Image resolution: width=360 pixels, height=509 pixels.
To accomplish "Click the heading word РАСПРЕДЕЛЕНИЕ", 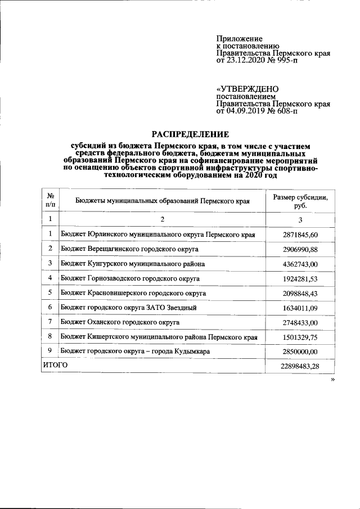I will coord(191,134).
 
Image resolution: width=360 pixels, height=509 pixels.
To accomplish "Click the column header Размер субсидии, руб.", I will coord(300,201).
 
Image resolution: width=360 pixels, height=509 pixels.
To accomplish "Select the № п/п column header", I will coord(50,201).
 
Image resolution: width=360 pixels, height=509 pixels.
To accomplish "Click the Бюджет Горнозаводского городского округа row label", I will coord(130,278).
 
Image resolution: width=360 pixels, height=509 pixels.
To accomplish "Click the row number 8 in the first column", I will coord(50,336).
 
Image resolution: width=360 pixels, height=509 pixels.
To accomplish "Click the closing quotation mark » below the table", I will coord(333,380).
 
